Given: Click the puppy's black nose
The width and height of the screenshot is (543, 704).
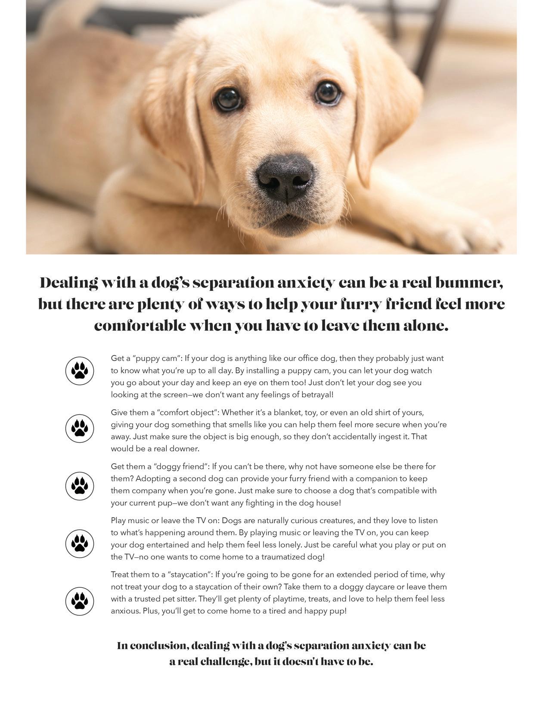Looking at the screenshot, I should [285, 177].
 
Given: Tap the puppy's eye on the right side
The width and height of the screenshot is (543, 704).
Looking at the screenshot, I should [328, 92].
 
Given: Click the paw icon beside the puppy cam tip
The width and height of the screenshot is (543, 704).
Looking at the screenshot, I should [80, 371].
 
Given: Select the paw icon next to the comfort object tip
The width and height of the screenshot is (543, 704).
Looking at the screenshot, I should [80, 428].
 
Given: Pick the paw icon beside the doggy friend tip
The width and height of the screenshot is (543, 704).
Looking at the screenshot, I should [80, 486].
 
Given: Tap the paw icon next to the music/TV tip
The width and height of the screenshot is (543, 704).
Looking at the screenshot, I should [80, 543].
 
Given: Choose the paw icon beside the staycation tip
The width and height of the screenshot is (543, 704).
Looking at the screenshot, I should [80, 601].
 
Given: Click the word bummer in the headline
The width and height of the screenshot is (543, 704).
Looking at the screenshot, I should [469, 283].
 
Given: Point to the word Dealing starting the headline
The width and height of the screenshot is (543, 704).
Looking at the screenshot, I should [68, 283].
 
